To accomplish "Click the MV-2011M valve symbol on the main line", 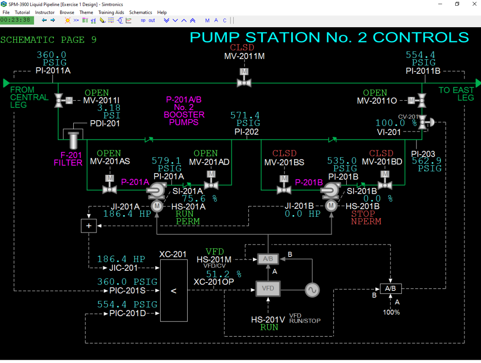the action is point(244,79).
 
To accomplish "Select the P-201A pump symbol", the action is point(156,191).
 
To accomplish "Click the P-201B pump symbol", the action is point(331,191).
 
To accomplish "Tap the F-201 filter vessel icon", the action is point(73,141).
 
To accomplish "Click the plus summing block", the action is point(89,226).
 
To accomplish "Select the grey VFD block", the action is point(268,288).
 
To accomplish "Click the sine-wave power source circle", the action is point(312,290).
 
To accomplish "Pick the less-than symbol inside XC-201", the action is point(174,291).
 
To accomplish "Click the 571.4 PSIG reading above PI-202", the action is point(245,119).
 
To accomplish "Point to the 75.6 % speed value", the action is point(199,199).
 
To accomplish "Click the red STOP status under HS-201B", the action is point(363,214).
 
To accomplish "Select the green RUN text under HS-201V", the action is point(269,327).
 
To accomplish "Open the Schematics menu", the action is point(140,12).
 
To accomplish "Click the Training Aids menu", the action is point(111,12).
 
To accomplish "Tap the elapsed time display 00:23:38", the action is point(15,20).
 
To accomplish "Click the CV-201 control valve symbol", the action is point(425,122).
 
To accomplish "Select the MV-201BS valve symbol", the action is point(284,185).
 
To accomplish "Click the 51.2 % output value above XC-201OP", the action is point(224,274).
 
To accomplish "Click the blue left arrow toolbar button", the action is point(44,20).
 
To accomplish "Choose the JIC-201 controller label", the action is point(123,268).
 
